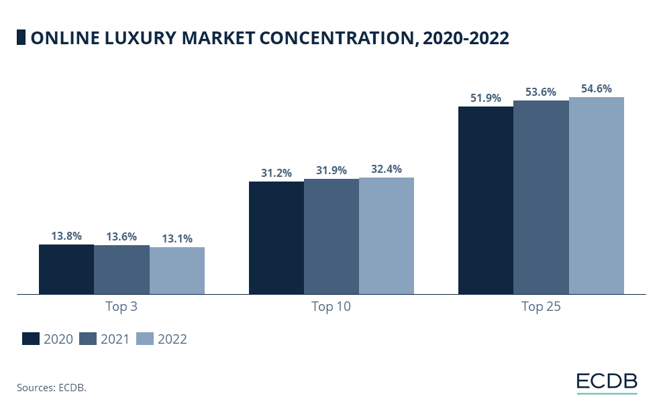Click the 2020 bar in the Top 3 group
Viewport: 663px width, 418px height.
[x=66, y=269]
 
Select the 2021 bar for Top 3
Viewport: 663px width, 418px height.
[x=121, y=270]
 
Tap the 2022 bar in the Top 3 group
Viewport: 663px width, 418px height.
[x=176, y=271]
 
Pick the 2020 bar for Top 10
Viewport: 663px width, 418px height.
[x=276, y=238]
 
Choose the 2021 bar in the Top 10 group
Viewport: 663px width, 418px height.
[x=331, y=236]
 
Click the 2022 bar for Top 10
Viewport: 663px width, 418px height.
[x=387, y=236]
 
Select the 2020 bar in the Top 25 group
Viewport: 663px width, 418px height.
[x=486, y=200]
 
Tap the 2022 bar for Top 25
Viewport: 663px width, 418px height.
[x=597, y=196]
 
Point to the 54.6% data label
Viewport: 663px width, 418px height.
[x=597, y=88]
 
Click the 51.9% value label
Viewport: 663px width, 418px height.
[x=486, y=98]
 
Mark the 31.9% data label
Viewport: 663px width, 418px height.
[x=331, y=170]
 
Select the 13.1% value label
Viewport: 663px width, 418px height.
[x=176, y=238]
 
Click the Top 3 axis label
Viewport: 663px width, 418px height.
[x=121, y=307]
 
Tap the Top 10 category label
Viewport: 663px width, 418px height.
[x=331, y=307]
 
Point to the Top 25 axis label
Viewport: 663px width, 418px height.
[x=541, y=307]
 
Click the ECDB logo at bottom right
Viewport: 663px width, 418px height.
[x=607, y=382]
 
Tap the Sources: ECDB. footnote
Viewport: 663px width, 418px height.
[x=52, y=387]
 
